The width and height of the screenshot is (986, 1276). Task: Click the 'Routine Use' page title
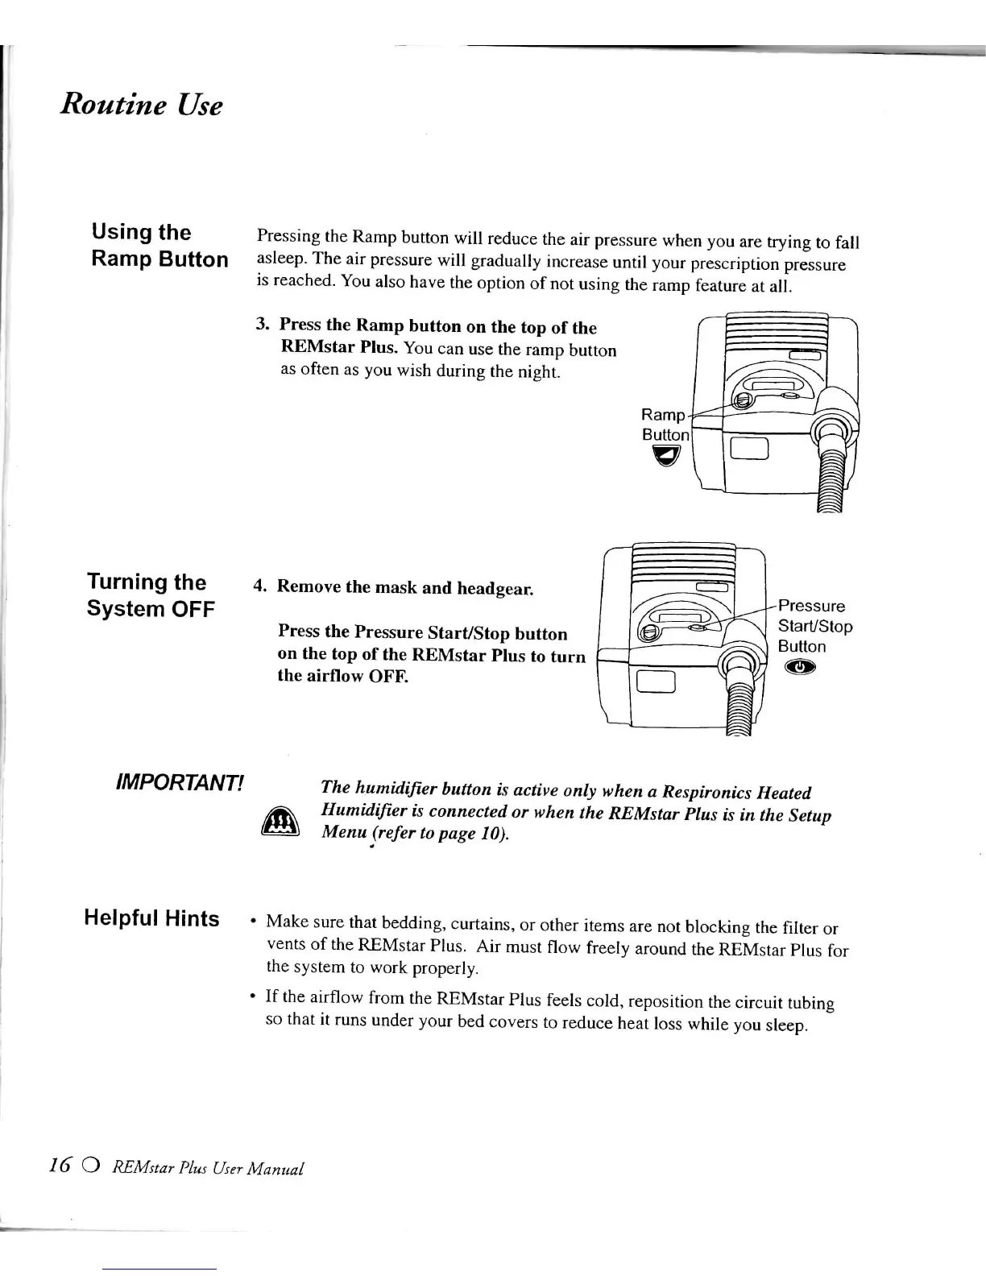pyautogui.click(x=141, y=105)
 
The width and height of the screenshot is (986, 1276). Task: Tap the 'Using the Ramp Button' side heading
pyautogui.click(x=159, y=246)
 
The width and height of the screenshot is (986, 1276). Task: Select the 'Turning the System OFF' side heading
pyautogui.click(x=151, y=595)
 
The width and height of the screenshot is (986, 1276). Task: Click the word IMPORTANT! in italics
pyautogui.click(x=180, y=782)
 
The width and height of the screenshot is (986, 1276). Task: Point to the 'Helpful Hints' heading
pyautogui.click(x=151, y=918)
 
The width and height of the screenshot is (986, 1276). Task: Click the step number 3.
pyautogui.click(x=261, y=324)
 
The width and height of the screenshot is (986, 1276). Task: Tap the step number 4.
pyautogui.click(x=259, y=586)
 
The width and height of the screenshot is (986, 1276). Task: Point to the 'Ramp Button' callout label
pyautogui.click(x=665, y=425)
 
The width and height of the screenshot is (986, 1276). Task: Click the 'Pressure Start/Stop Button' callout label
pyautogui.click(x=814, y=626)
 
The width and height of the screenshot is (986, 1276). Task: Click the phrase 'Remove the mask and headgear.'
pyautogui.click(x=404, y=587)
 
